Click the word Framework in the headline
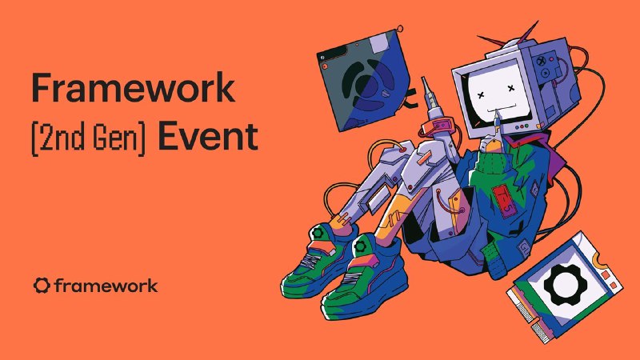(133, 87)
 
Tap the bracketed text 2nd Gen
(88, 137)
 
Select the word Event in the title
(208, 136)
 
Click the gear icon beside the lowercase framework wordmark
(42, 286)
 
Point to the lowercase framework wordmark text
(106, 286)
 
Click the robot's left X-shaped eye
(481, 94)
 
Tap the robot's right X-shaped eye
(510, 88)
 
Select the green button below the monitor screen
(527, 126)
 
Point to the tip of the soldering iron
(423, 78)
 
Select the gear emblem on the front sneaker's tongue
(361, 246)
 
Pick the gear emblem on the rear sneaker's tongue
(317, 234)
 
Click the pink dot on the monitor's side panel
(552, 58)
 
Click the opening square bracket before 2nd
(34, 138)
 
